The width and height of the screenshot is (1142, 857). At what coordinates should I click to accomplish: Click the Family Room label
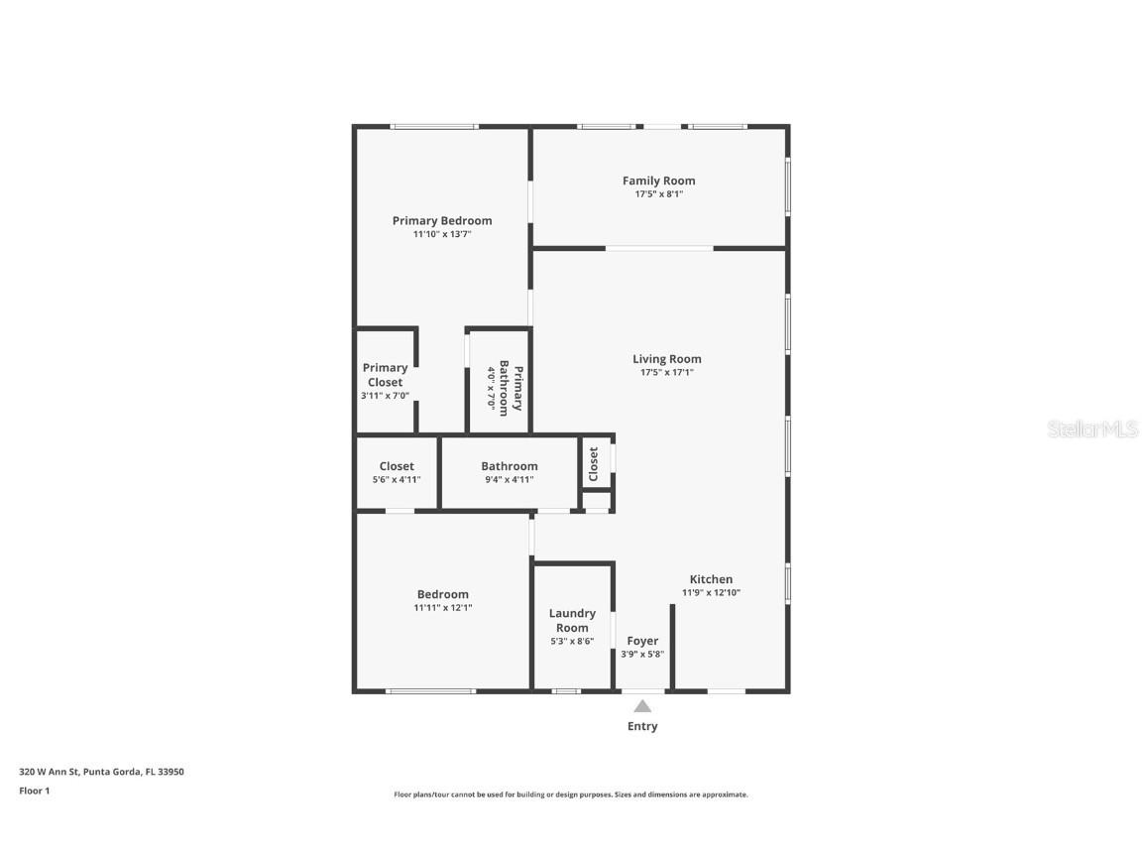658,181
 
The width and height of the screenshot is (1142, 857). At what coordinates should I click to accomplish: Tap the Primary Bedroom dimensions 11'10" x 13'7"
441,235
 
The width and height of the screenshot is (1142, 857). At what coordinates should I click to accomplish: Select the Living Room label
666,359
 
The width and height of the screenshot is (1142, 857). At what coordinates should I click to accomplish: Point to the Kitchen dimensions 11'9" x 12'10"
711,593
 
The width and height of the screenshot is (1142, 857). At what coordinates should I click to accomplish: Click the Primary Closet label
385,375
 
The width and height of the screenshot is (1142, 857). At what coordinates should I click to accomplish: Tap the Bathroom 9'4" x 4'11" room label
509,466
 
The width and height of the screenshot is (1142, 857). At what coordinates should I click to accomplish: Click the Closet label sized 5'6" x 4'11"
397,466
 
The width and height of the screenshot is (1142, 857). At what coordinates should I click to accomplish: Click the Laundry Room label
572,620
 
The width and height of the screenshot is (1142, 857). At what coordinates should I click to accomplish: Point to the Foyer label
642,641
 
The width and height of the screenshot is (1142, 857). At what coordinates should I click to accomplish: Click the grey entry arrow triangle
642,706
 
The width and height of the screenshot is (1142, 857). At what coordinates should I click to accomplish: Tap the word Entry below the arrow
642,726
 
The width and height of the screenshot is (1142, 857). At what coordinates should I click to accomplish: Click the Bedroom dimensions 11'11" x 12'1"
442,608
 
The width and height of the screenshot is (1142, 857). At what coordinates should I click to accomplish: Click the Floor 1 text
34,791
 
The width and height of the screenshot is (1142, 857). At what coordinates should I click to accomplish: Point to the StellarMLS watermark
1092,429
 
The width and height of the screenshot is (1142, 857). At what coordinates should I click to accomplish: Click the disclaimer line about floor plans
570,795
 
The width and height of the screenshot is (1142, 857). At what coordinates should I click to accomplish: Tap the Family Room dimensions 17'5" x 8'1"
658,194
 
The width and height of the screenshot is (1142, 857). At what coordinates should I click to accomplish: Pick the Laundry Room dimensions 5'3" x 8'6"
572,642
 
